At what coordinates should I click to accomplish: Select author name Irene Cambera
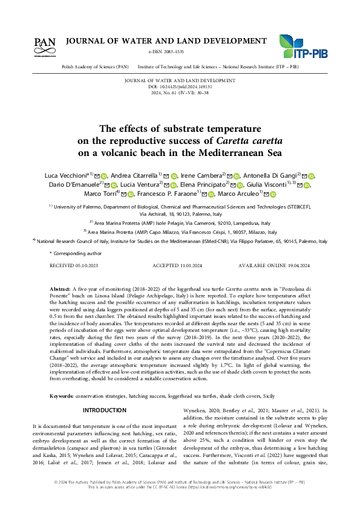[201, 175]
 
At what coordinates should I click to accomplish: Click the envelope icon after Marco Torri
[122, 194]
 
